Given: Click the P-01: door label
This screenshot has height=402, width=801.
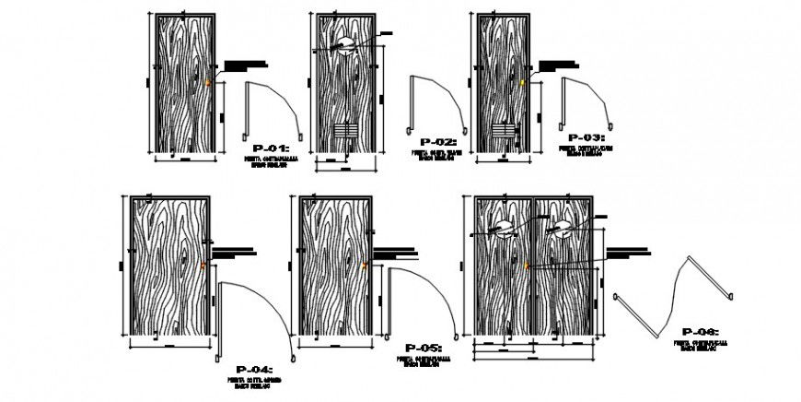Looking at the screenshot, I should (271, 148).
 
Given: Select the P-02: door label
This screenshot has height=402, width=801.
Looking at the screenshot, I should (438, 142).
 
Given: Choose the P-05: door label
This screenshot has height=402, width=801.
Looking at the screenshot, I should (423, 347).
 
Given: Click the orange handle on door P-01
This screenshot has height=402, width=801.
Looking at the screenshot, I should (208, 84).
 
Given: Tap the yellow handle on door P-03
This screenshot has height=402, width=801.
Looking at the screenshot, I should (523, 83).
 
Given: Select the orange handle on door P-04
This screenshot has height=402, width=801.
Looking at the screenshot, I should (204, 265).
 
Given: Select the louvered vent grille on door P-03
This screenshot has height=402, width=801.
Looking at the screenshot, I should (503, 130).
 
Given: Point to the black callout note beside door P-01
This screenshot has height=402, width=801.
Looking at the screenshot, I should (246, 65).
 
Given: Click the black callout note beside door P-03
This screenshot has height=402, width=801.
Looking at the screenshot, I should (557, 65).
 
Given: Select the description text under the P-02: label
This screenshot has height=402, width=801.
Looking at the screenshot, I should (438, 157).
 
